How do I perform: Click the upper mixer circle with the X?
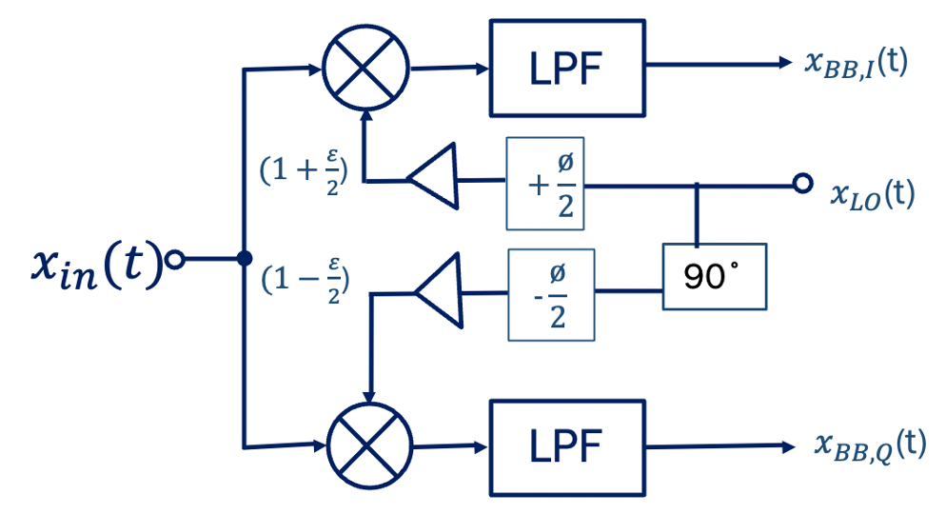(x=365, y=68)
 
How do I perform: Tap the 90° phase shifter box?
(x=714, y=277)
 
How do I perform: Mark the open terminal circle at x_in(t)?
(x=173, y=258)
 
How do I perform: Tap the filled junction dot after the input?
(x=244, y=258)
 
